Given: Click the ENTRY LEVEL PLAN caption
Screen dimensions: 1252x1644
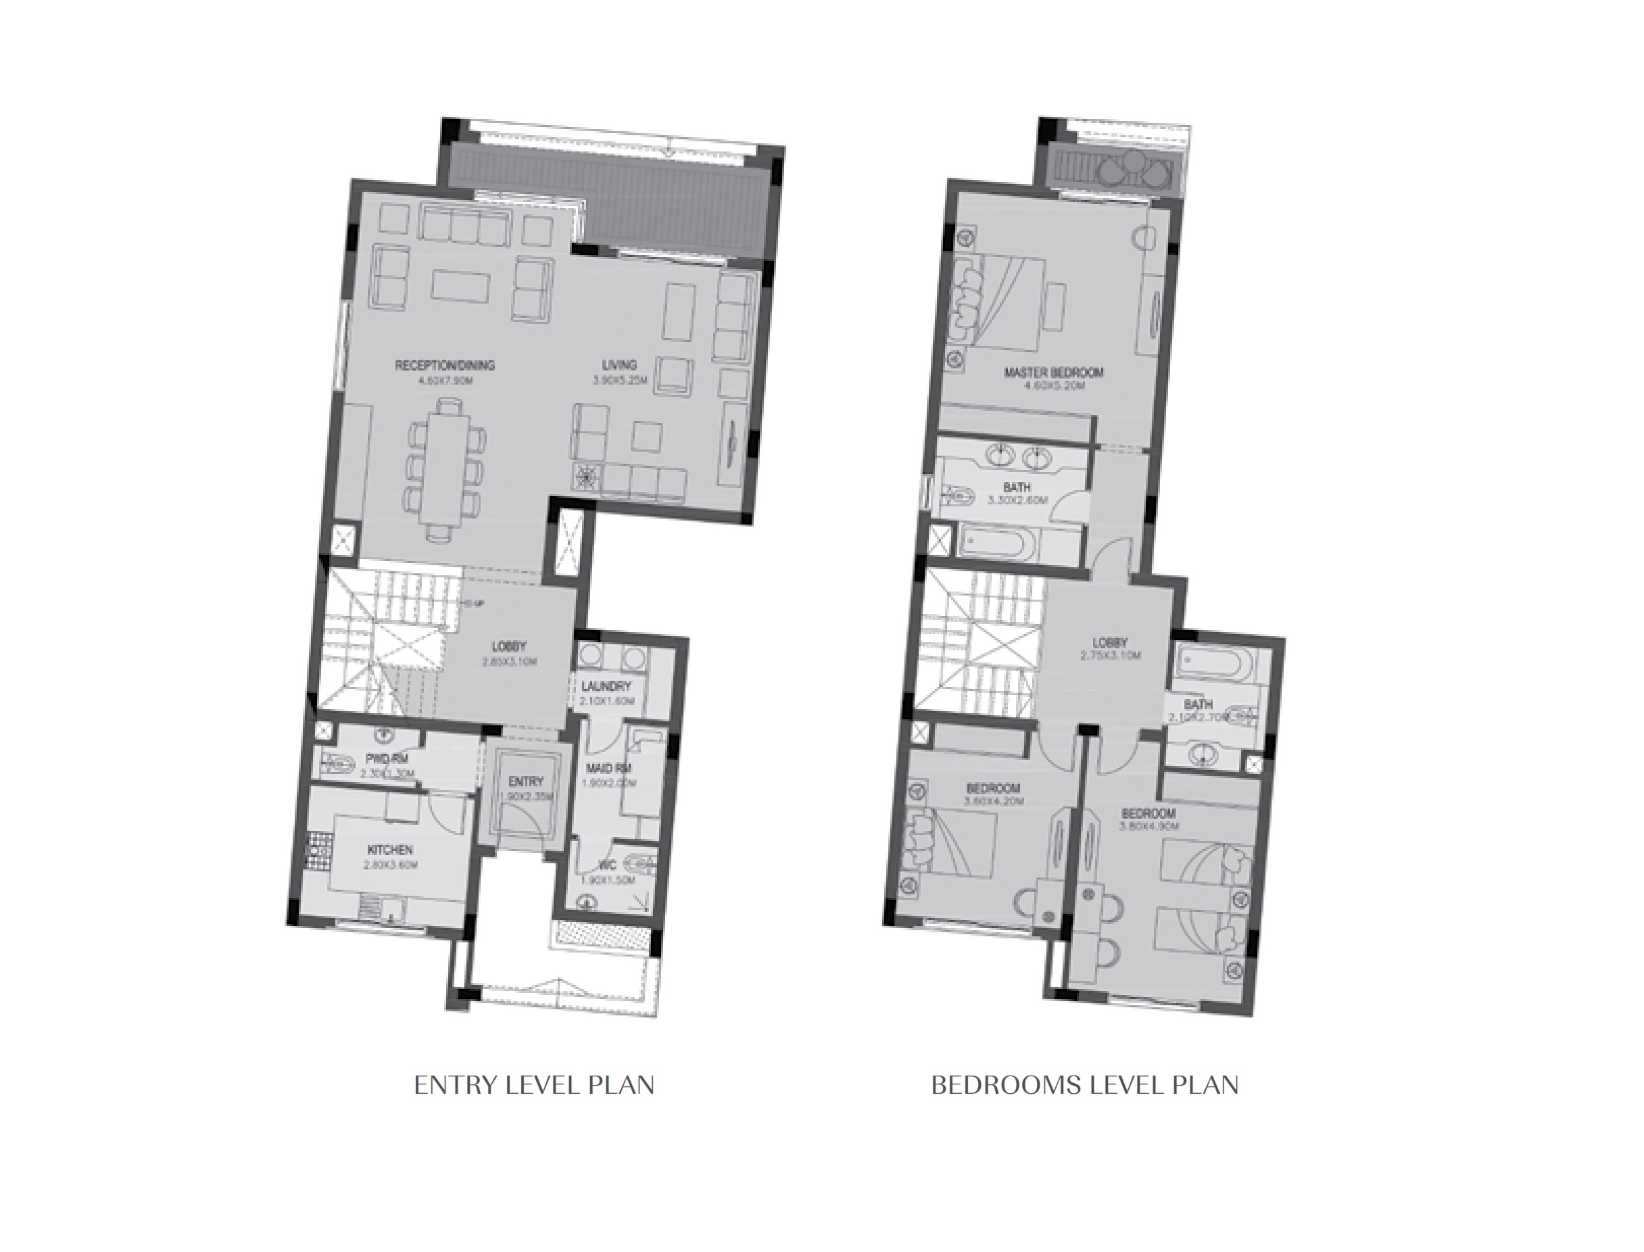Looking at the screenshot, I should [533, 1085].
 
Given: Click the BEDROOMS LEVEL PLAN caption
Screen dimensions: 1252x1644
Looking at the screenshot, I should [1084, 1085].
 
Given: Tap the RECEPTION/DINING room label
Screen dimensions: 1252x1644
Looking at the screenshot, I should [444, 365].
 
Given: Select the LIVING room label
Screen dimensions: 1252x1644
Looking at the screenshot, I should [619, 364].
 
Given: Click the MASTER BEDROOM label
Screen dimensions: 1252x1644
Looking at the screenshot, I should [1054, 372].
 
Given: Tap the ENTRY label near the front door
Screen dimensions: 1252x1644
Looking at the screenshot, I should [525, 781].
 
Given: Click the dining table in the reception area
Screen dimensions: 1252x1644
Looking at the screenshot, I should [445, 469].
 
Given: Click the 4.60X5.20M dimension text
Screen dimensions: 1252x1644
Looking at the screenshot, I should [1053, 386].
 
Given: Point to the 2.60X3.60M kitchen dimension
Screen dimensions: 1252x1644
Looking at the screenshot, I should [390, 865].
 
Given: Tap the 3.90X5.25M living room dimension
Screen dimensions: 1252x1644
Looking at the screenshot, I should [620, 380].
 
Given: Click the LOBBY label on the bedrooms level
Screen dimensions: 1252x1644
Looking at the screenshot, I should [1110, 642].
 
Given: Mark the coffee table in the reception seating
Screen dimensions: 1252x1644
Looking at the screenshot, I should [460, 286].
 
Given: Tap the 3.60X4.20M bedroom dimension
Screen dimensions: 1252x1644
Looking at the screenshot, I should [994, 801].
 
